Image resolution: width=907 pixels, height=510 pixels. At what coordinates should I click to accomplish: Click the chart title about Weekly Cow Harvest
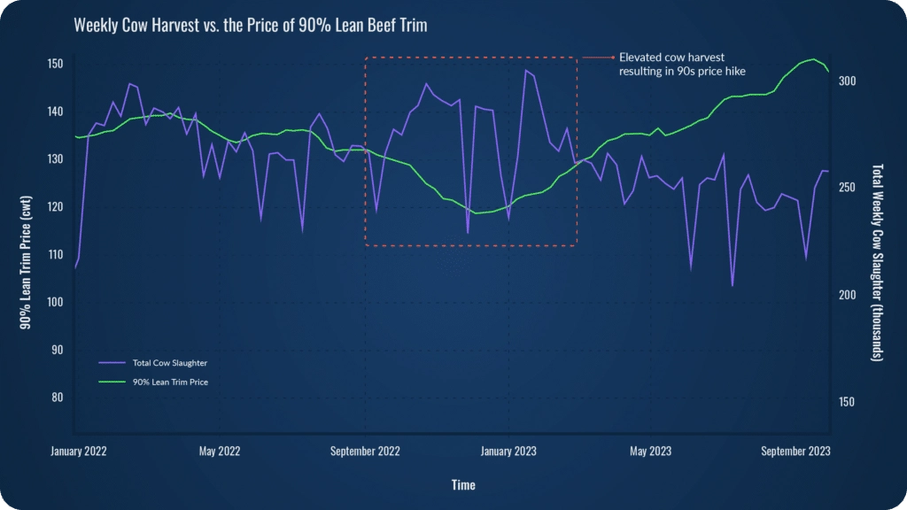pos(250,26)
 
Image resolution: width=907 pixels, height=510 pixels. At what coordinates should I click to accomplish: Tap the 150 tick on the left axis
pos(55,64)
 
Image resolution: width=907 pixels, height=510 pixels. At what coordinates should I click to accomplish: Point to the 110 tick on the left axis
pos(55,254)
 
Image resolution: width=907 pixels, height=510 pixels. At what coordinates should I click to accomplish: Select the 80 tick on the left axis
pos(57,397)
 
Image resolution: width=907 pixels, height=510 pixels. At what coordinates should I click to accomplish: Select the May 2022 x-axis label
pos(220,451)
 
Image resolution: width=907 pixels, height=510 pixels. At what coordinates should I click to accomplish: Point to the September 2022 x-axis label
pos(365,451)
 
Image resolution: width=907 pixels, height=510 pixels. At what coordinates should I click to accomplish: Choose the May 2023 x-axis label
pos(650,451)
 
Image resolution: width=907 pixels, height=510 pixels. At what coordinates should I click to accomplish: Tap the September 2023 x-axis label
pos(795,451)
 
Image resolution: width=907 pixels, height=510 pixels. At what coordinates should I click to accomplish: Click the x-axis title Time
pos(462,485)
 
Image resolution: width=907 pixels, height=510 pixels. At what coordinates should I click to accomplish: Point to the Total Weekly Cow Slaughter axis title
pos(878,261)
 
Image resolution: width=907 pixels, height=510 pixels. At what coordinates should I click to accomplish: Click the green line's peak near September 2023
pos(813,59)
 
